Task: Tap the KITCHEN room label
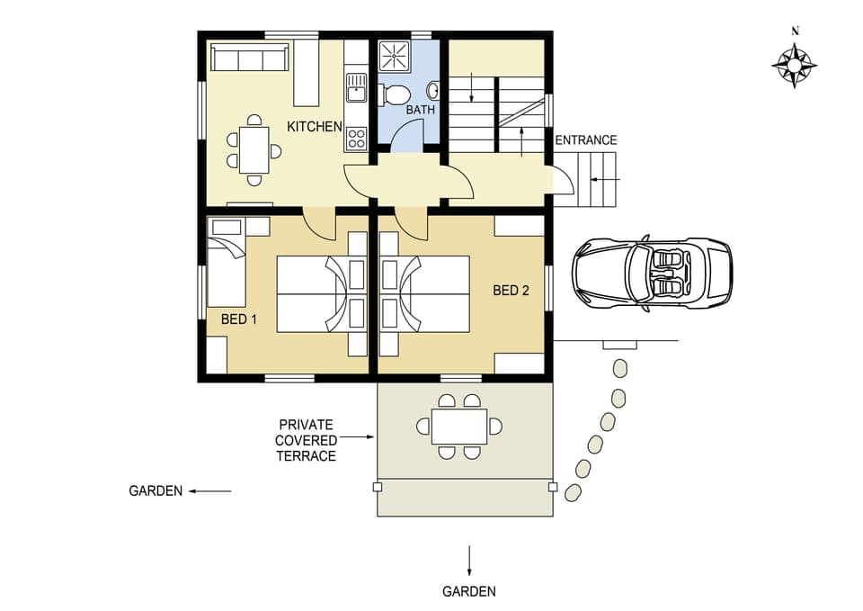pyautogui.click(x=315, y=127)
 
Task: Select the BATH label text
pyautogui.click(x=420, y=111)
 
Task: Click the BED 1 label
pyautogui.click(x=239, y=319)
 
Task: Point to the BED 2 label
pyautogui.click(x=511, y=291)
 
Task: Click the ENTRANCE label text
pyautogui.click(x=585, y=140)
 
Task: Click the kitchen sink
pyautogui.click(x=356, y=88)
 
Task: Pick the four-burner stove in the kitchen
pyautogui.click(x=356, y=138)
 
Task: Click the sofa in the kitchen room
pyautogui.click(x=250, y=58)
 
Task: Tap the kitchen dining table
pyautogui.click(x=254, y=149)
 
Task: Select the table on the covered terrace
pyautogui.click(x=458, y=427)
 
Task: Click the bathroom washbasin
pyautogui.click(x=432, y=91)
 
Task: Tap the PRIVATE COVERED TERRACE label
pyautogui.click(x=306, y=440)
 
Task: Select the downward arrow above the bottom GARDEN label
pyautogui.click(x=468, y=559)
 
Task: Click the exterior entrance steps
pyautogui.click(x=597, y=180)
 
